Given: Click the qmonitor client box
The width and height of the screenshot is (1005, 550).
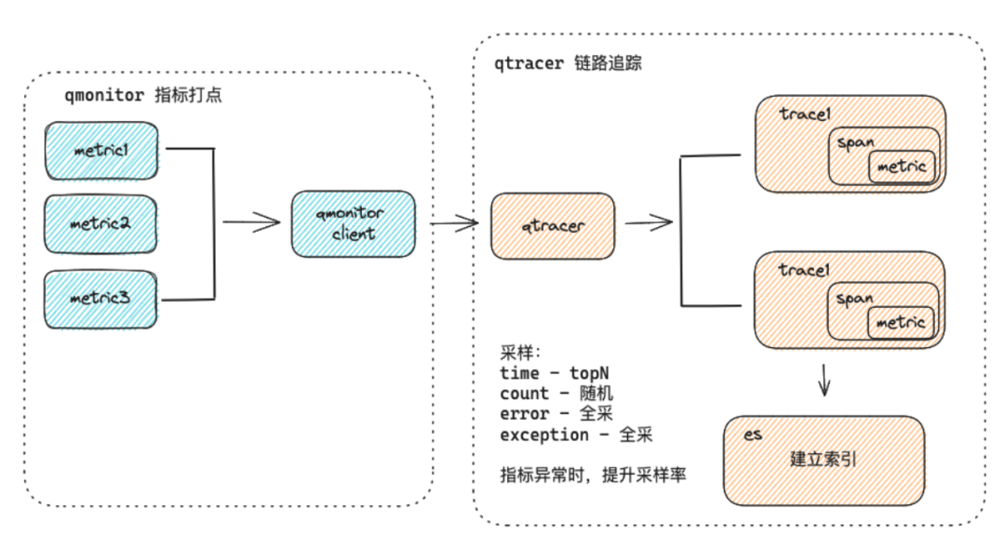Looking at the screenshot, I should click(353, 224).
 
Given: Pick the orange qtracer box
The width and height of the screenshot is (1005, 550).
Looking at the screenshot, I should click(553, 225).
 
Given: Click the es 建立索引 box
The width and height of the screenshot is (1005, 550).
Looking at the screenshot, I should click(824, 459).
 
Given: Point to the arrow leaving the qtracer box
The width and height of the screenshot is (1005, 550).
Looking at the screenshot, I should click(649, 222).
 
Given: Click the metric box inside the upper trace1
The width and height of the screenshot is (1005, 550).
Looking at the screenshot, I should click(901, 167).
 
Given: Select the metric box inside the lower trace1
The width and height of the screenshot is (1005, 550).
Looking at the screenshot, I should click(901, 323).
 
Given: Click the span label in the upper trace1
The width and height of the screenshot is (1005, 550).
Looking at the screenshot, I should click(853, 143).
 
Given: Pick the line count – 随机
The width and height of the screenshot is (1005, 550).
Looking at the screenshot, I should click(556, 394).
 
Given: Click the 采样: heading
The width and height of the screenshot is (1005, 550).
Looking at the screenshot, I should click(519, 352).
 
